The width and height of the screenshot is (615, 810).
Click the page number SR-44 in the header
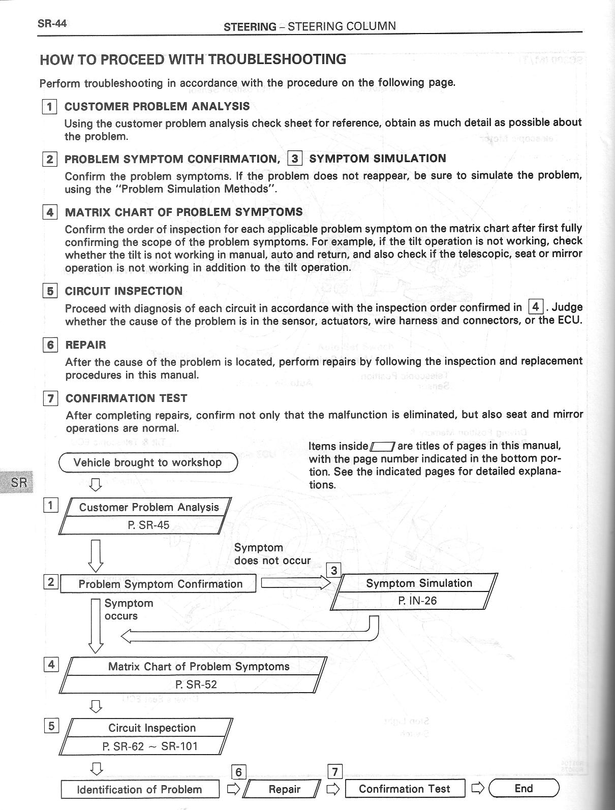coord(52,23)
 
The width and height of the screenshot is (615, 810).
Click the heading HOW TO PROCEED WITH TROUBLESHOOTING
coord(193,59)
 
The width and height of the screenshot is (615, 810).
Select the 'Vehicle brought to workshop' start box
coord(148,462)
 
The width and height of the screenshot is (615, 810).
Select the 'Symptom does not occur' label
coord(272,554)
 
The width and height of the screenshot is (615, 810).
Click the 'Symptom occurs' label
coord(129,609)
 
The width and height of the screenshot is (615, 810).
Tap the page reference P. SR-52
coord(196,684)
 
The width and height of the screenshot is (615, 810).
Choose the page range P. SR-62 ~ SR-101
coord(150,746)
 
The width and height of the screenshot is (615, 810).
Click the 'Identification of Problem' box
coord(140,789)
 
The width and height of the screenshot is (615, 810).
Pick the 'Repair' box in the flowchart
coord(284,789)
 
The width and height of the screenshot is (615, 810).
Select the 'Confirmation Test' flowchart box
coord(405,789)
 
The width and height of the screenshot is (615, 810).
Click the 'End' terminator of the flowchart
coord(524,788)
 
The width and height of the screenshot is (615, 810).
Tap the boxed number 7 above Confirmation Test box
coord(334,772)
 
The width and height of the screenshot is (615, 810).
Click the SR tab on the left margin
coord(18,481)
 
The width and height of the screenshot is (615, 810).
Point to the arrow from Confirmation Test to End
coord(477,789)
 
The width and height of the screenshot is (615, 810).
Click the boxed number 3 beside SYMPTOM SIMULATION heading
coord(295,159)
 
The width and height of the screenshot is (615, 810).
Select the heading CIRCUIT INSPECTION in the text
coord(124,291)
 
